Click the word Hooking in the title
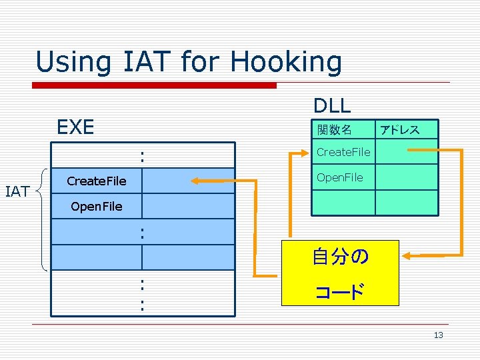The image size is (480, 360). pyautogui.click(x=286, y=63)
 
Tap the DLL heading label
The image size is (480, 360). pyautogui.click(x=332, y=105)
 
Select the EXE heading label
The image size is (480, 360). pyautogui.click(x=75, y=127)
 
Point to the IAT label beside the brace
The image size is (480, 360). pyautogui.click(x=17, y=192)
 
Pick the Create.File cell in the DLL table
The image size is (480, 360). pyautogui.click(x=343, y=152)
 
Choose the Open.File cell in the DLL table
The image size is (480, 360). pyautogui.click(x=340, y=177)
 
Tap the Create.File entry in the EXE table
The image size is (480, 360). pyautogui.click(x=97, y=181)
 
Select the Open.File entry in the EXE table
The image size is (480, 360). pyautogui.click(x=97, y=207)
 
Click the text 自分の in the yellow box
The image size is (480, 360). pyautogui.click(x=340, y=257)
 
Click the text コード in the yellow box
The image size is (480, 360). pyautogui.click(x=340, y=291)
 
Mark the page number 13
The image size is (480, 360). pyautogui.click(x=438, y=335)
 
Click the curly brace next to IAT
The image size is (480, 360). pyautogui.click(x=43, y=219)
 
